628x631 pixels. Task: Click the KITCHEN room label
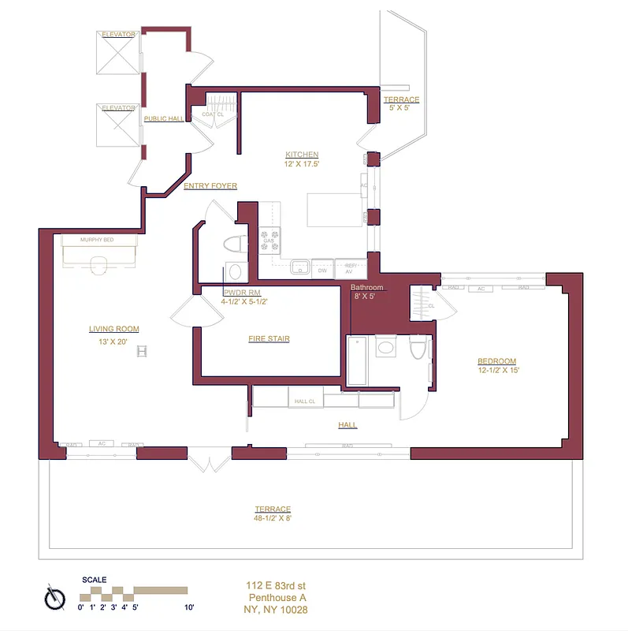click(301, 155)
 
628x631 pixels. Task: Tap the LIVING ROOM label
click(113, 329)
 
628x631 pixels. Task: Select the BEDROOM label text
click(497, 360)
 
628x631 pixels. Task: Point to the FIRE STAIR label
click(269, 339)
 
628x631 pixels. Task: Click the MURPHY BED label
click(98, 239)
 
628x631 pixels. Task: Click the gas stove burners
click(270, 240)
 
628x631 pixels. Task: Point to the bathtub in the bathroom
click(357, 361)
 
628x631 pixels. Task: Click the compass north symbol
click(54, 597)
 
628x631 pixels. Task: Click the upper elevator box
click(118, 53)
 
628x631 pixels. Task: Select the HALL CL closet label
click(305, 401)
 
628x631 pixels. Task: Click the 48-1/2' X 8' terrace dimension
click(273, 518)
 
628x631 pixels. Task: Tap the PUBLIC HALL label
click(163, 119)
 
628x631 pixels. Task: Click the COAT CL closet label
click(213, 114)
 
